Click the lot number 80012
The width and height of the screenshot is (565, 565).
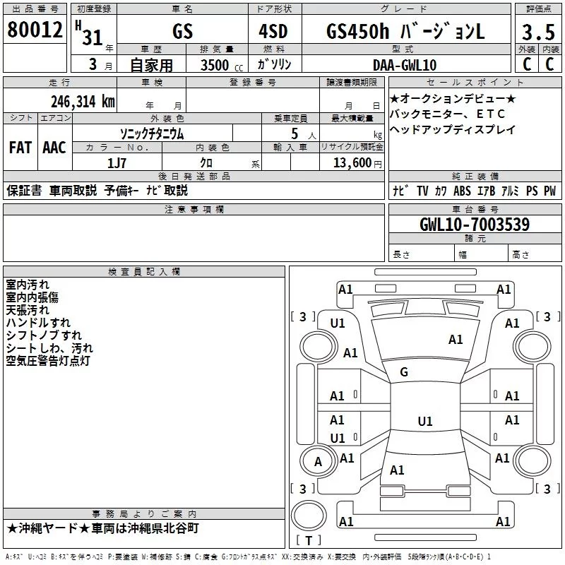35,30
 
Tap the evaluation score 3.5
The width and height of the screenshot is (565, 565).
537,32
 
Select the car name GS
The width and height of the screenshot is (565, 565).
182,31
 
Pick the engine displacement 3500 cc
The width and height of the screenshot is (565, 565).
215,65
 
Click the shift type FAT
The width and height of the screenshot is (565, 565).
20,148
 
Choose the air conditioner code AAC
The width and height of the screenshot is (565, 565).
54,148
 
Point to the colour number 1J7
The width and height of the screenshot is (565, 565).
117,162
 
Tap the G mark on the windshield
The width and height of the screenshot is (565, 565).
404,372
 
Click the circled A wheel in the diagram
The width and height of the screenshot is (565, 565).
318,462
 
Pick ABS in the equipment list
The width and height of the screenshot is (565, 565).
462,191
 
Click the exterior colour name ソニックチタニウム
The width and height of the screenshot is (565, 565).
153,133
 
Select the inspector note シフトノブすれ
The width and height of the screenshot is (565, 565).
43,335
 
